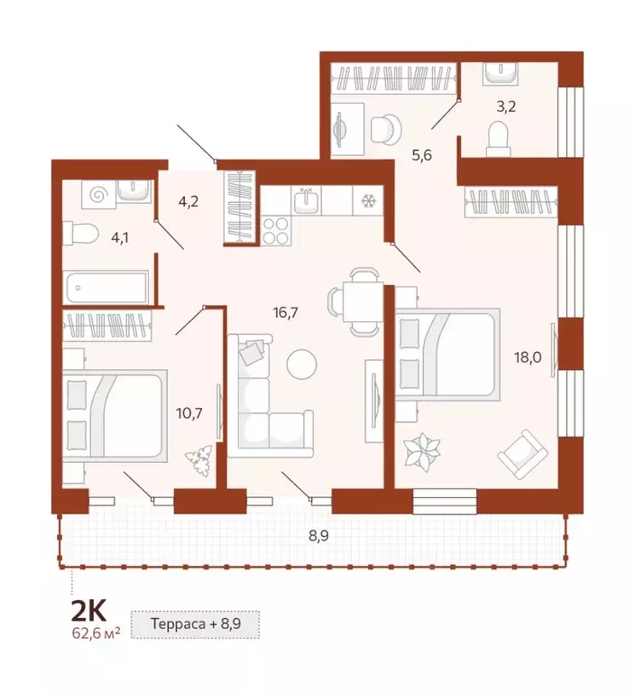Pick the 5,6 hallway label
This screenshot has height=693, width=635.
422,155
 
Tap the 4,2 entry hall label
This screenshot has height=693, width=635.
188,201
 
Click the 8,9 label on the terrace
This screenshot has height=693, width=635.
318,535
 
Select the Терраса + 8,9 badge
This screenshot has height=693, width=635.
196,623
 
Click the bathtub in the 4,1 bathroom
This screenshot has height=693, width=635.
106,289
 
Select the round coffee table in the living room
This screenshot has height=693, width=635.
301,365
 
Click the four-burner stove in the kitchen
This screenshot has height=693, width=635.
275,230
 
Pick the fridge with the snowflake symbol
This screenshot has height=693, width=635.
368,200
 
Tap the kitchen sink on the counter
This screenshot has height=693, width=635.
308,199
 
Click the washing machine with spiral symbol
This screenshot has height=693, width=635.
99,193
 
